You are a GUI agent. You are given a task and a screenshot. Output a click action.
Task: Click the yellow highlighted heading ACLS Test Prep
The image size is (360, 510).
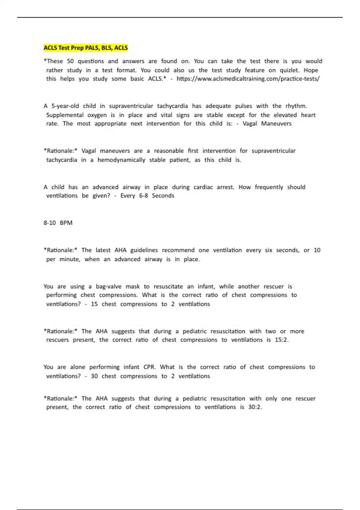(x=85, y=48)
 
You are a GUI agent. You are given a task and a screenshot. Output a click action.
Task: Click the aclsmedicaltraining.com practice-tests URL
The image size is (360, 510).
(x=248, y=79)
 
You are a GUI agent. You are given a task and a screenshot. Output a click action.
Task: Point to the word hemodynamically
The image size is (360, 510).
(x=121, y=160)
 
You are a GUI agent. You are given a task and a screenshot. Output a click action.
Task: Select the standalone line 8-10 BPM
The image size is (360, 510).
(x=58, y=223)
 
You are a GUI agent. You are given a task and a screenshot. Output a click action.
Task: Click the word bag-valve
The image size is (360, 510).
(x=109, y=286)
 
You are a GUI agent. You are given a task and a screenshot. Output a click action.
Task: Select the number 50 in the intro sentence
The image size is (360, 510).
(x=70, y=61)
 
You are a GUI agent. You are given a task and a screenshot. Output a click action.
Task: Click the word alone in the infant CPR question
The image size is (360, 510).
(x=78, y=367)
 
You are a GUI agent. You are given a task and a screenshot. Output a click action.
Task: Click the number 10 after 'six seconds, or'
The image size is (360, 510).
(x=317, y=250)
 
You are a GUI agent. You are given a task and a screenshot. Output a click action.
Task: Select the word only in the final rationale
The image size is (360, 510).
(x=271, y=399)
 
